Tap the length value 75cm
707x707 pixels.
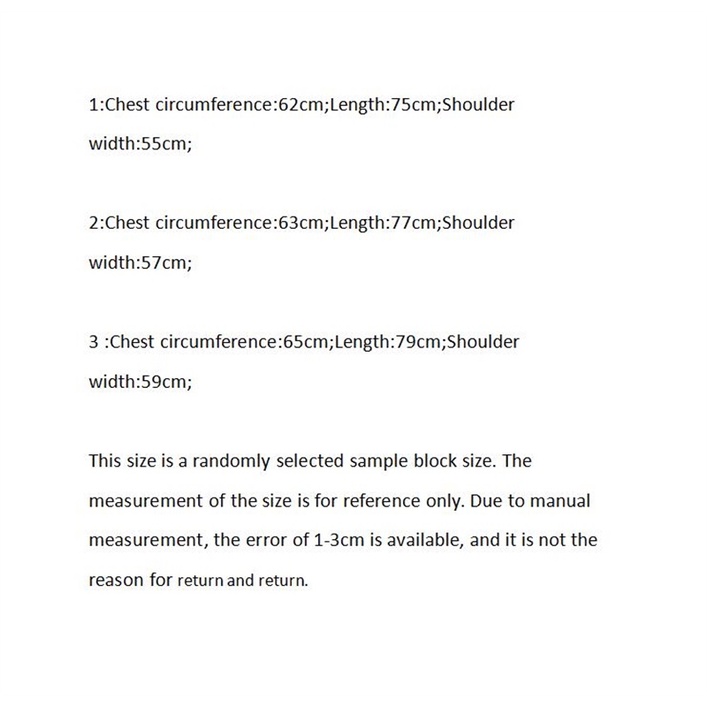[x=414, y=105]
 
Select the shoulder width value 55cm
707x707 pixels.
[x=165, y=144]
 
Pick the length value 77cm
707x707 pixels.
[x=414, y=223]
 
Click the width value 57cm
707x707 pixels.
[x=165, y=262]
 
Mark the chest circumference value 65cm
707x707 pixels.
[x=307, y=341]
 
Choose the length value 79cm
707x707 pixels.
[x=418, y=341]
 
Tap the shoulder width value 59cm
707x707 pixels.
[x=165, y=381]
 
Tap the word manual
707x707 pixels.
[x=562, y=501]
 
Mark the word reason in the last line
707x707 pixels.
[x=115, y=581]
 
